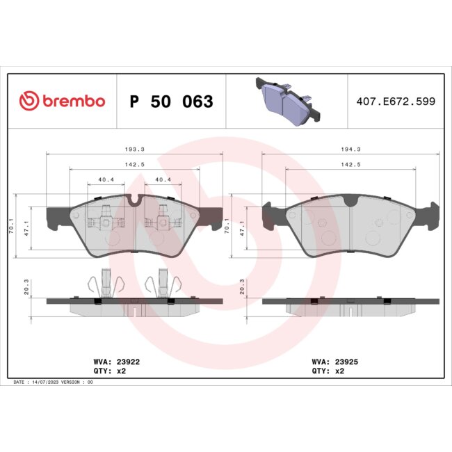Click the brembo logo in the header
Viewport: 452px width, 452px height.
63,102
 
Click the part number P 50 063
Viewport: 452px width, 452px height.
171,102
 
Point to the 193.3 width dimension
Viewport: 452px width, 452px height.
134,149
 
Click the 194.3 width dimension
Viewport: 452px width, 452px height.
351,149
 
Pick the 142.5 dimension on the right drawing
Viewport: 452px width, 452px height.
351,164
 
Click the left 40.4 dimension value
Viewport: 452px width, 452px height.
106,180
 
